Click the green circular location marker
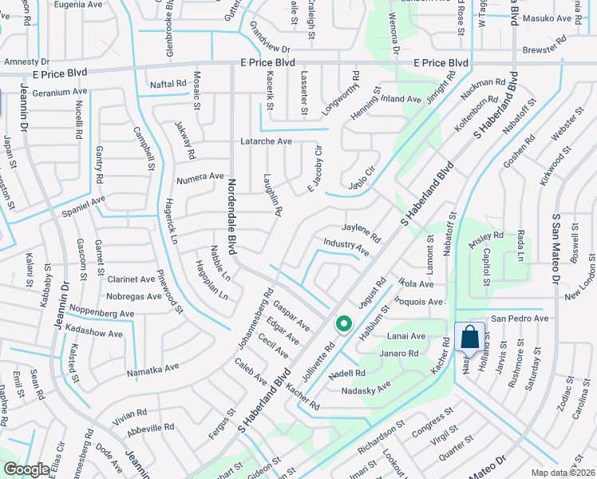(x=344, y=324)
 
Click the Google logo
(x=26, y=469)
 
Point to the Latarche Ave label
(x=267, y=141)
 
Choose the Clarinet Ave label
(x=131, y=280)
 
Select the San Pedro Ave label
(x=520, y=319)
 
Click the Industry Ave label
(x=346, y=247)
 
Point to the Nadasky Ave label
(x=367, y=387)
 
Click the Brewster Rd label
(x=544, y=50)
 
